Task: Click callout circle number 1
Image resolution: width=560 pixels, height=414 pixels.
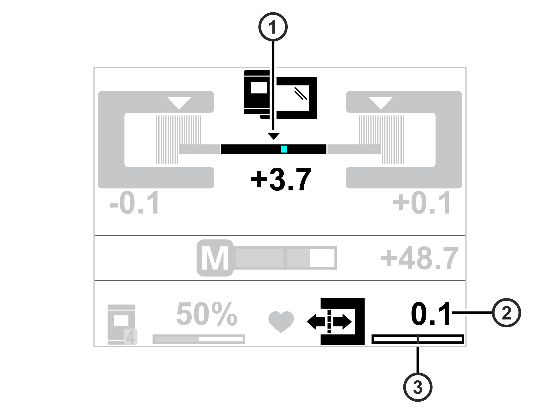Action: coord(273,27)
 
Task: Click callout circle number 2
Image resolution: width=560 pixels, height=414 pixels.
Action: coord(506,312)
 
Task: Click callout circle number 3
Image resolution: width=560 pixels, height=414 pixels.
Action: coord(418,387)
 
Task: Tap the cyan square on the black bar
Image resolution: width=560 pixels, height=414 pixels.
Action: coord(284,149)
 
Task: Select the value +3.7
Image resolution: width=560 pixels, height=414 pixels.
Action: coord(281,179)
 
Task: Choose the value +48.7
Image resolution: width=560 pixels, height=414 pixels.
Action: coord(419,258)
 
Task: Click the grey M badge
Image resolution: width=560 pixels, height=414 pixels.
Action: coord(215,258)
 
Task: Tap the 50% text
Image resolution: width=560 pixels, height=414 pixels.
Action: coord(207,314)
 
